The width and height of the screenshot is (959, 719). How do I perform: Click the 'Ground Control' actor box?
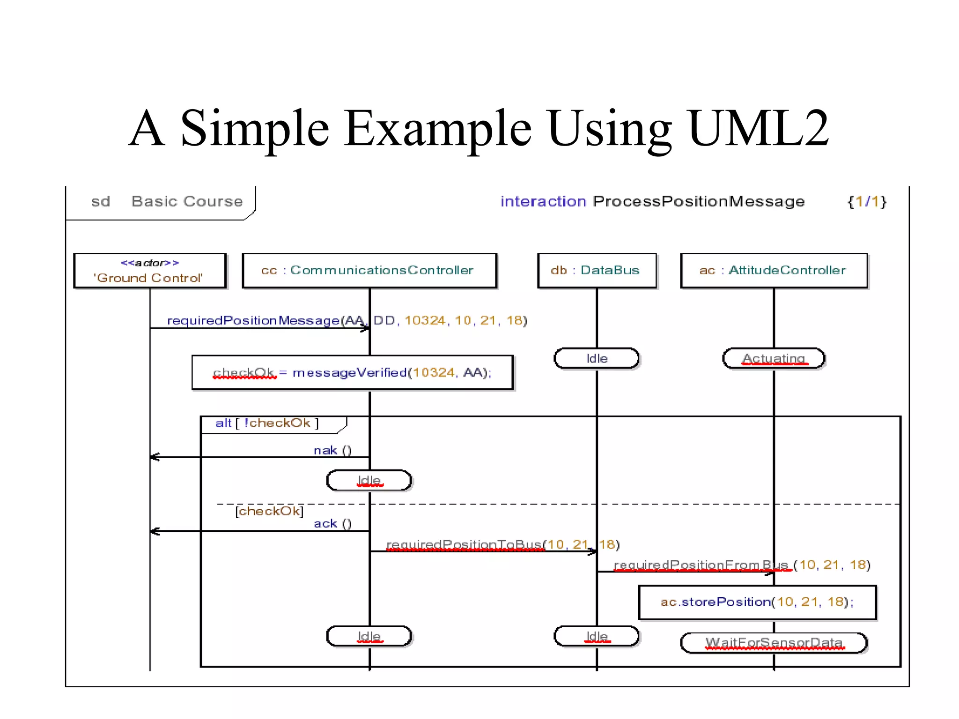150,271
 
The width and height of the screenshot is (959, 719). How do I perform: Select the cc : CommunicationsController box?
369,271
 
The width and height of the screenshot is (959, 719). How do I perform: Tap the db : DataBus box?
596,271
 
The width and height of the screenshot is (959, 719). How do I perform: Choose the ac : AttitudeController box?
773,271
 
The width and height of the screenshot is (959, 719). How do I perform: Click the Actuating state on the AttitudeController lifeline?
773,359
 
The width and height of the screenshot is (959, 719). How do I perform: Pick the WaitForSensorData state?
773,643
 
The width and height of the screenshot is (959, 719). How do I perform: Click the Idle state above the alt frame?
596,359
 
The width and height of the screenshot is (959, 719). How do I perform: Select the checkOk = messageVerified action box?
352,373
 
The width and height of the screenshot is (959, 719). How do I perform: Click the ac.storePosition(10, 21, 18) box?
757,602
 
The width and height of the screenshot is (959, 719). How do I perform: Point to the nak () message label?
332,450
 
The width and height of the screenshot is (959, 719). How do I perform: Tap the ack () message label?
332,523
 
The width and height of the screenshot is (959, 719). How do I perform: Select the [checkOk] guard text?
269,511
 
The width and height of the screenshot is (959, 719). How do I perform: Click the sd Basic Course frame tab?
167,202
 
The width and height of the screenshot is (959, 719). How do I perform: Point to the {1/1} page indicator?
867,202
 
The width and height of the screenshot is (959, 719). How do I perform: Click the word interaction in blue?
543,202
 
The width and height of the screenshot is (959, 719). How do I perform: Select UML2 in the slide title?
759,128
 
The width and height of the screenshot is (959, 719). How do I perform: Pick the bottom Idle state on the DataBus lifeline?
596,637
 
